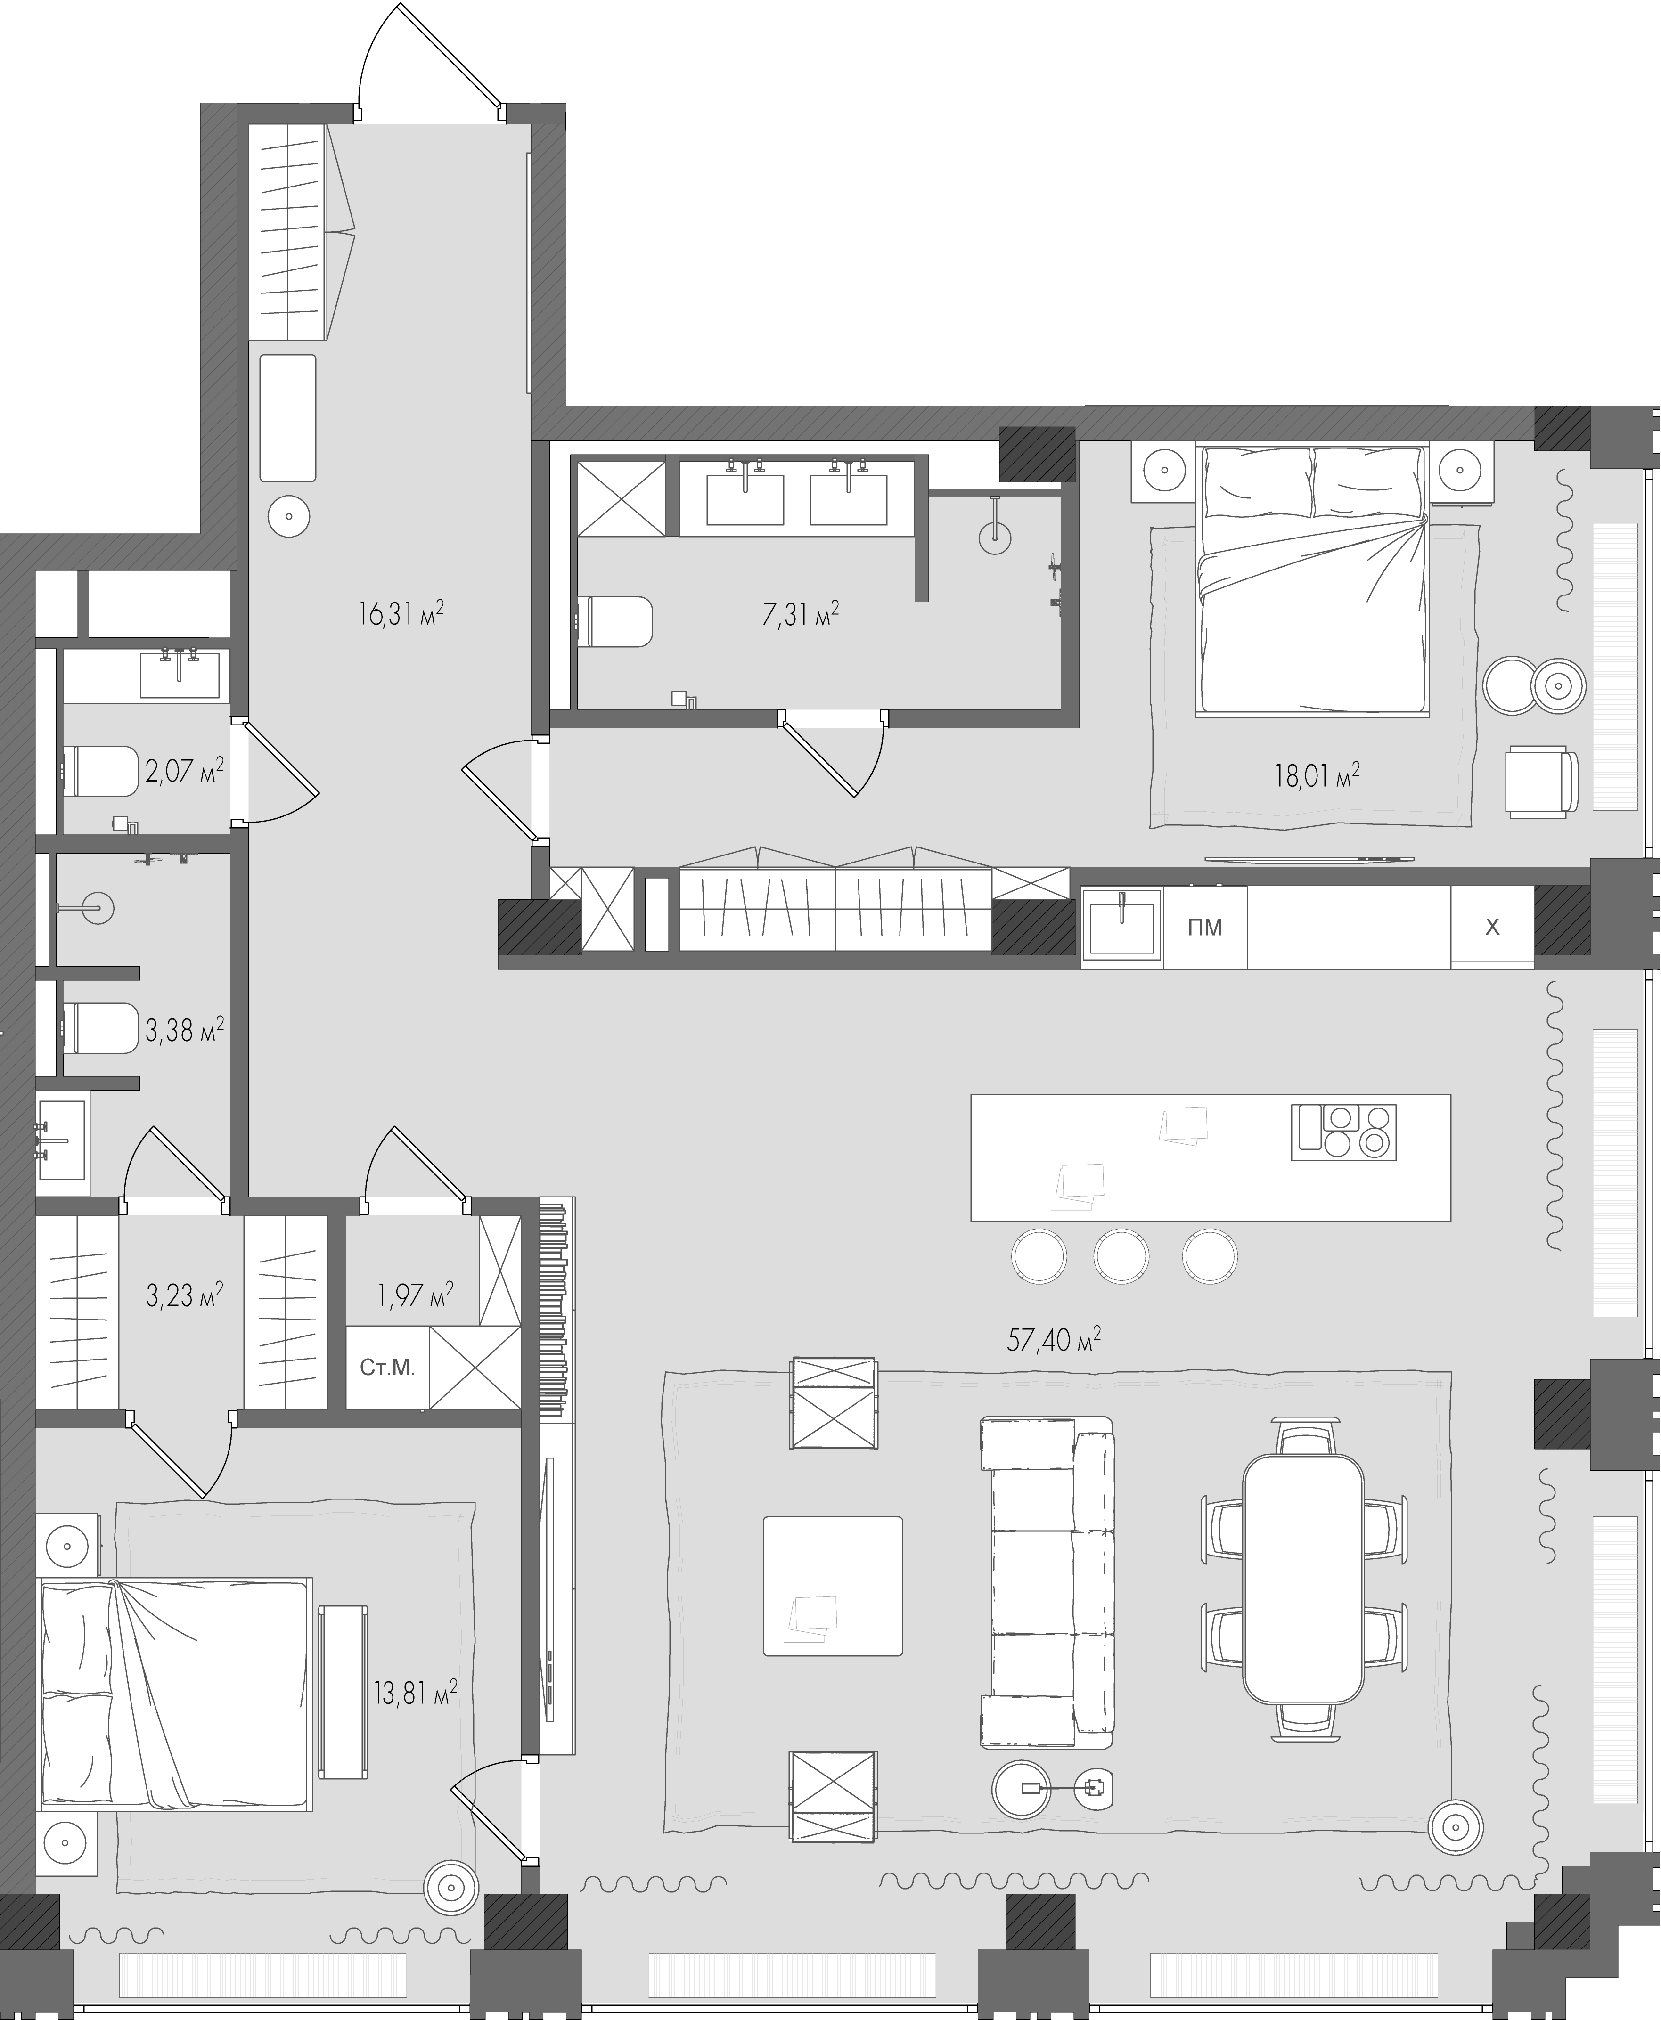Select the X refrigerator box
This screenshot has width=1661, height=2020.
coord(1492,927)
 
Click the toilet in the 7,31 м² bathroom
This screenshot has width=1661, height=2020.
coord(614,622)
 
